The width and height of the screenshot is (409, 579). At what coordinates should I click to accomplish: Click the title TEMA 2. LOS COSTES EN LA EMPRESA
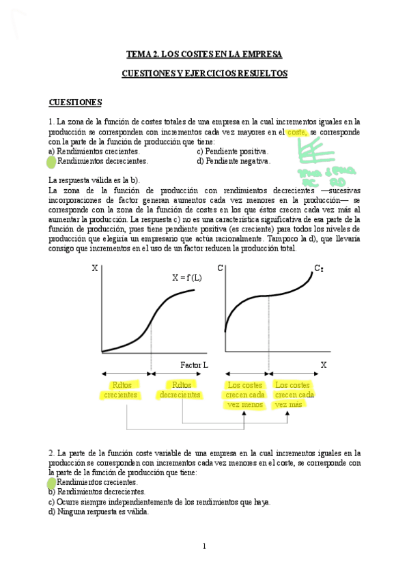(x=204, y=53)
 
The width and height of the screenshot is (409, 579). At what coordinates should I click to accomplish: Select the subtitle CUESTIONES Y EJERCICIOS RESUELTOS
(x=204, y=73)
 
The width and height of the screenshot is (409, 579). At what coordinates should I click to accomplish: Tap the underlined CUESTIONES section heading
(x=75, y=102)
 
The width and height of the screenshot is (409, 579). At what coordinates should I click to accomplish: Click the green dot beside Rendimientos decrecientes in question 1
(x=50, y=162)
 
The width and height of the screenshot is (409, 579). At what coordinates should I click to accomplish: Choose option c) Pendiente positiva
(x=232, y=151)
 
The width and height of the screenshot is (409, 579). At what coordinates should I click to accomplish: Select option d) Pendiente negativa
(x=234, y=161)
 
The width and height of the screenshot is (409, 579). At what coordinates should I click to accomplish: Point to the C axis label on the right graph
(x=220, y=268)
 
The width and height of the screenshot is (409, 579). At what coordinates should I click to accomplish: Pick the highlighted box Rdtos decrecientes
(x=180, y=390)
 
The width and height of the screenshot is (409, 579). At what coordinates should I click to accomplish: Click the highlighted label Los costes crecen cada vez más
(x=294, y=395)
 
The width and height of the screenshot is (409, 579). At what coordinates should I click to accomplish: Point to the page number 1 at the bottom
(x=204, y=546)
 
